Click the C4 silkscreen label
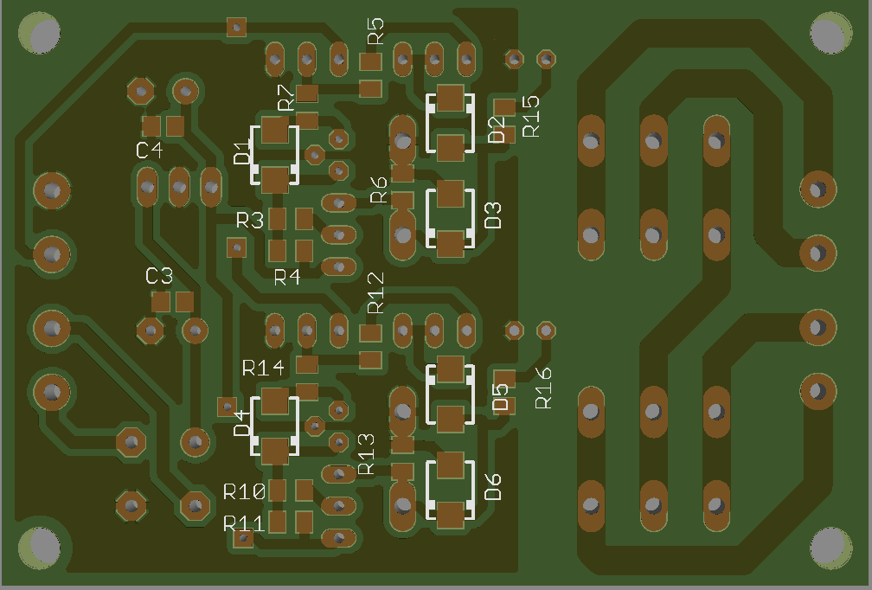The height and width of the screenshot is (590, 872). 149,151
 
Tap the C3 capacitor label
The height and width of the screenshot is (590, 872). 159,276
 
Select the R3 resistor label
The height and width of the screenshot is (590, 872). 250,221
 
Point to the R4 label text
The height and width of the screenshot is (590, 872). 287,277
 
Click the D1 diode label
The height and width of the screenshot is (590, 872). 242,153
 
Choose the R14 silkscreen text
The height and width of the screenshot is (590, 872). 263,368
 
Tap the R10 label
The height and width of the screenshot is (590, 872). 244,491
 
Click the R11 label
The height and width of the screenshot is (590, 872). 243,523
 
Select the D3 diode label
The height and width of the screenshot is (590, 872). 493,215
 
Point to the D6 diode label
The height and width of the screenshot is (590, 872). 493,487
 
